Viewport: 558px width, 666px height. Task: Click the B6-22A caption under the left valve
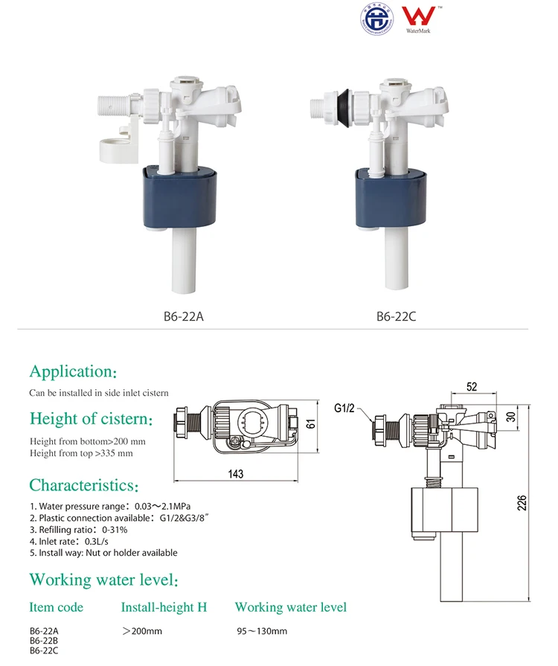coord(183,316)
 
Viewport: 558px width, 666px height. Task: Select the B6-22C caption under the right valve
coord(396,316)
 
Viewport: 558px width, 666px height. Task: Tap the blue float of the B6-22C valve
coord(392,199)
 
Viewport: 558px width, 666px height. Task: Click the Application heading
coord(72,371)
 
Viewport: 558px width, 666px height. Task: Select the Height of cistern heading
coord(91,419)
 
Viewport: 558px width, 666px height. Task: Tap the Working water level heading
coord(103,580)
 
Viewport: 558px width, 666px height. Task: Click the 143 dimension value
coord(235,474)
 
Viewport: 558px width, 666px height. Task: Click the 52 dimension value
coord(472,386)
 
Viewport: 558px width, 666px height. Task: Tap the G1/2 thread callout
coord(346,409)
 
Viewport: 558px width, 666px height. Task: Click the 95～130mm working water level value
coord(262,632)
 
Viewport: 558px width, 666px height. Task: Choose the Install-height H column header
coord(164,608)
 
